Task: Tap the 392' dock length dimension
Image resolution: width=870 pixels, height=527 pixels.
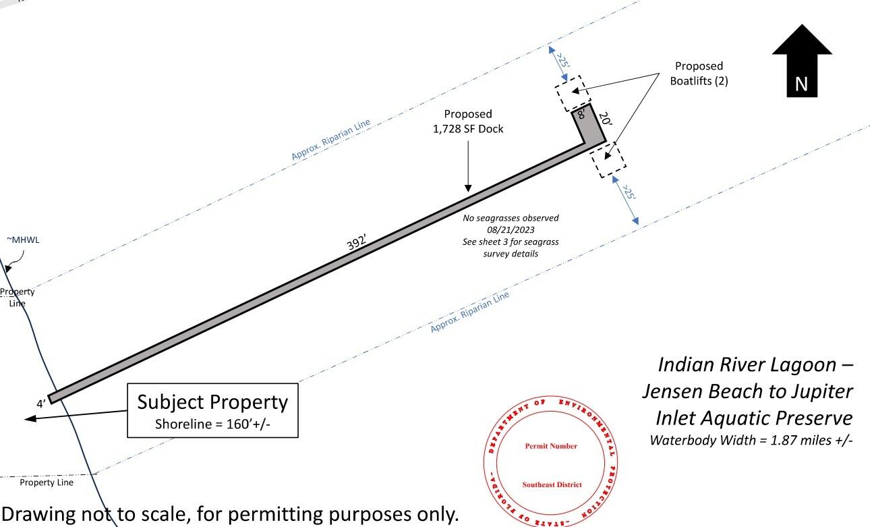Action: tap(357, 244)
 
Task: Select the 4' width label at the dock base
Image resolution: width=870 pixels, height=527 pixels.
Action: tap(41, 404)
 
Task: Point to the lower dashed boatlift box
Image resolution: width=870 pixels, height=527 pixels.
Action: tap(608, 159)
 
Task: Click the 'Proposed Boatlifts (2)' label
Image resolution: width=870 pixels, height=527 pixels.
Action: tap(699, 73)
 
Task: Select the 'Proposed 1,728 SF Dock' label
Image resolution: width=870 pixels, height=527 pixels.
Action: tap(467, 121)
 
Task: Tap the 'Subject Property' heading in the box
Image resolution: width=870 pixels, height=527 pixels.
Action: tap(212, 402)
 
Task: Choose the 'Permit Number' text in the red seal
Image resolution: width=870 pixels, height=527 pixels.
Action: tap(550, 446)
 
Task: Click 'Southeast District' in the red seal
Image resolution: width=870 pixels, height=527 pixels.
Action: tap(550, 484)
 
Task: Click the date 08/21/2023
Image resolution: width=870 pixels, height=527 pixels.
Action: tap(511, 230)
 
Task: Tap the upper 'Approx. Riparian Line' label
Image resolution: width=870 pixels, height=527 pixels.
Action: tap(330, 140)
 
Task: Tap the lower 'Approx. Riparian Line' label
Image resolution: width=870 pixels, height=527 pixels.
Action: tap(469, 311)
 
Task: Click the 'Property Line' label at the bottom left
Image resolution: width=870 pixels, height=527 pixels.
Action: tap(47, 482)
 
